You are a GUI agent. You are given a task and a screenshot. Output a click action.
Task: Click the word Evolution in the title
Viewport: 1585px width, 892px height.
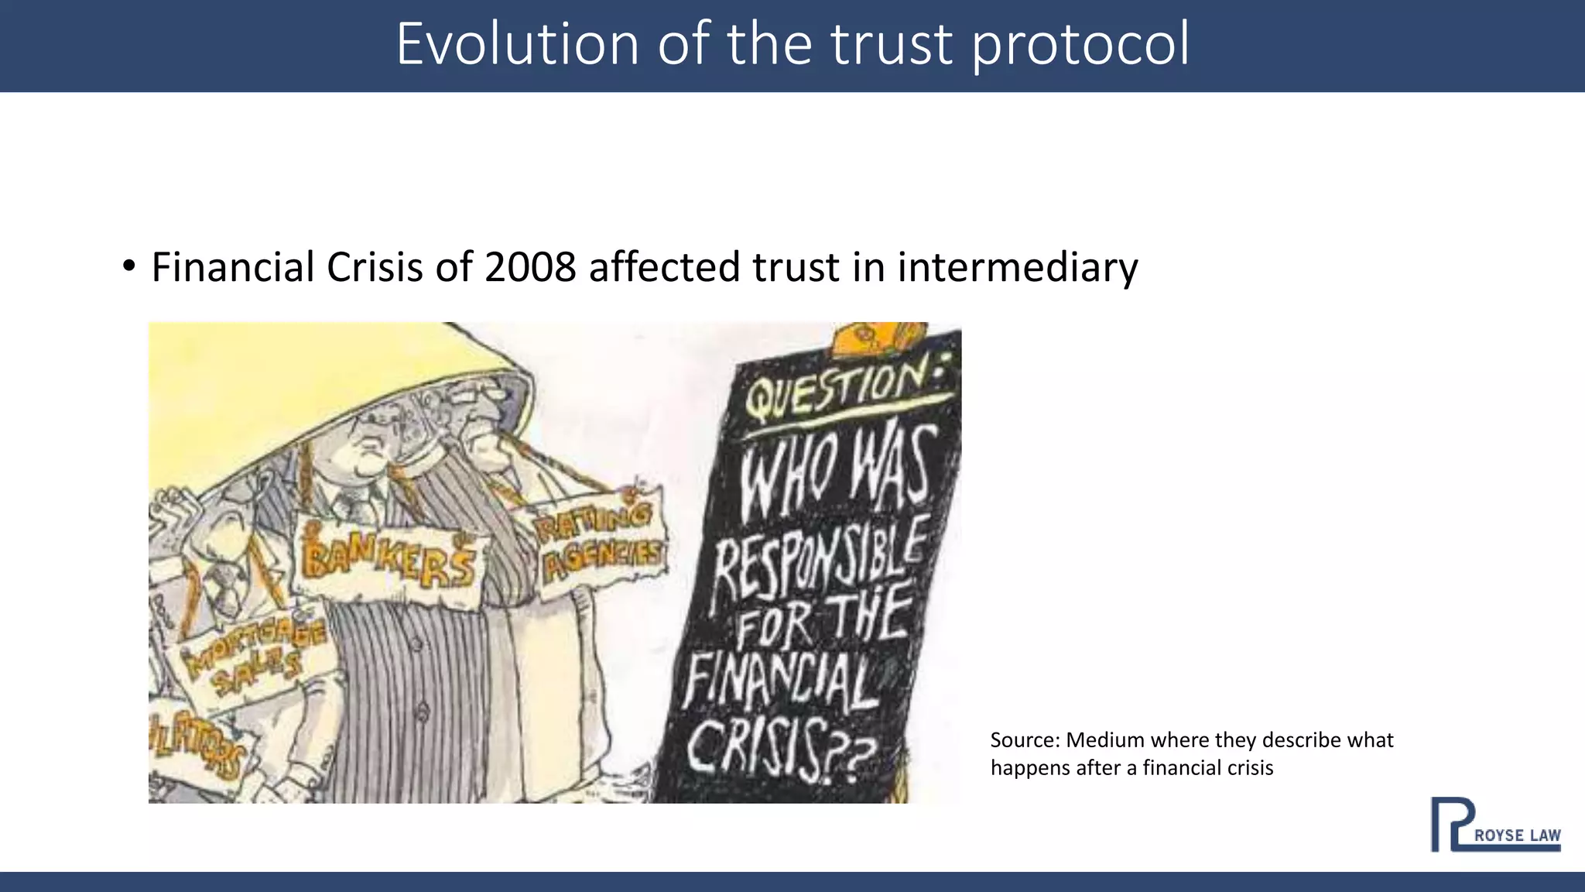tap(517, 44)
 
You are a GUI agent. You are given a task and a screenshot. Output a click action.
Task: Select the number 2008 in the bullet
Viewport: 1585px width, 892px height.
tap(530, 267)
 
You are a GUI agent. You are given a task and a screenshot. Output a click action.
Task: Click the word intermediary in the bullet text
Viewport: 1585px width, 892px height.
tap(1018, 267)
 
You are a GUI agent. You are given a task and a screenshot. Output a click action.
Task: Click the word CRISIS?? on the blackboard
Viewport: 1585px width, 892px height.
tap(782, 747)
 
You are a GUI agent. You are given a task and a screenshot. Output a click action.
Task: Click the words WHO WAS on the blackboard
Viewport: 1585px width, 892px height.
tap(836, 472)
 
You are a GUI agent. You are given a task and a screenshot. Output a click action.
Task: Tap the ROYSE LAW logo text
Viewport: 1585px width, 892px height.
tap(1517, 835)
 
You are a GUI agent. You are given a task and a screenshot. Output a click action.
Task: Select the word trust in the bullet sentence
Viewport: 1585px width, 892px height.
tap(796, 267)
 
